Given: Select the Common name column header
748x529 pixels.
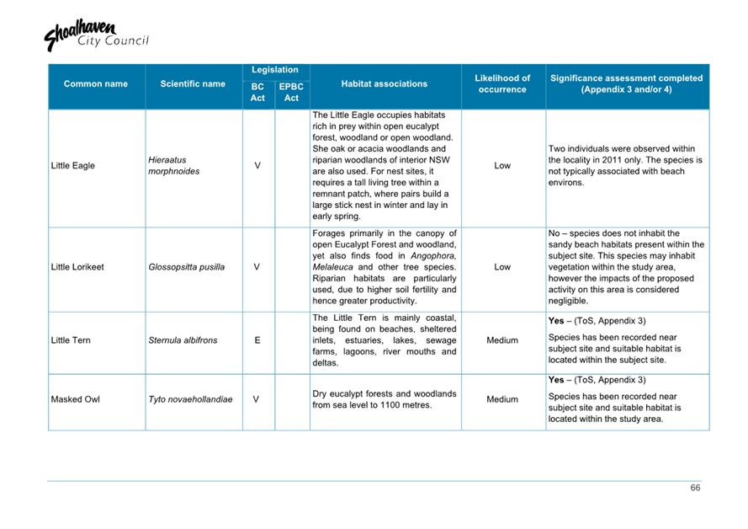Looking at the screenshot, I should click(96, 84).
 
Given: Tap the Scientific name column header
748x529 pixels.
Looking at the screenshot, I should click(193, 84).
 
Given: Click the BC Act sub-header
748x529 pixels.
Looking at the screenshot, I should click(257, 93).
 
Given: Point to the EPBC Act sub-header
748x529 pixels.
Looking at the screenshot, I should click(291, 93).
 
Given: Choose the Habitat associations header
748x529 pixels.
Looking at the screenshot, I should click(385, 84).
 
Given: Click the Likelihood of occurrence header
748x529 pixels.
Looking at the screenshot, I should click(502, 84).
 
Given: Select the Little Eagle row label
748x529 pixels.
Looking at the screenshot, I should click(73, 166).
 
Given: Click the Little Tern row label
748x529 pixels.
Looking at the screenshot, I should click(71, 340).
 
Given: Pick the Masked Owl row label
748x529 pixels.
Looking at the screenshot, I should click(75, 399).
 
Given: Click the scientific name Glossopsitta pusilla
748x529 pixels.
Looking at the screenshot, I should click(186, 268).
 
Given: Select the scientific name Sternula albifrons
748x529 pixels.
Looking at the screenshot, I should click(183, 340).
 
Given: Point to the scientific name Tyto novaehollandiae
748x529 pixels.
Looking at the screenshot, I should click(190, 399).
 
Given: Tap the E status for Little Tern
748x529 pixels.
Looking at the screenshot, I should click(257, 340).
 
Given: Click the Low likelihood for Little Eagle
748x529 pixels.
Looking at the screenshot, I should click(502, 166).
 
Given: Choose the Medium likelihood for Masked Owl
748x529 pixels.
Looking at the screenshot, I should click(502, 399).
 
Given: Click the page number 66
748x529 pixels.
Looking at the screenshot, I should click(695, 489).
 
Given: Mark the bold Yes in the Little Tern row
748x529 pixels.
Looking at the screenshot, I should click(556, 321).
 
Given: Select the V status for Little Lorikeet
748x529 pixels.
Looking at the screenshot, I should click(257, 268).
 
